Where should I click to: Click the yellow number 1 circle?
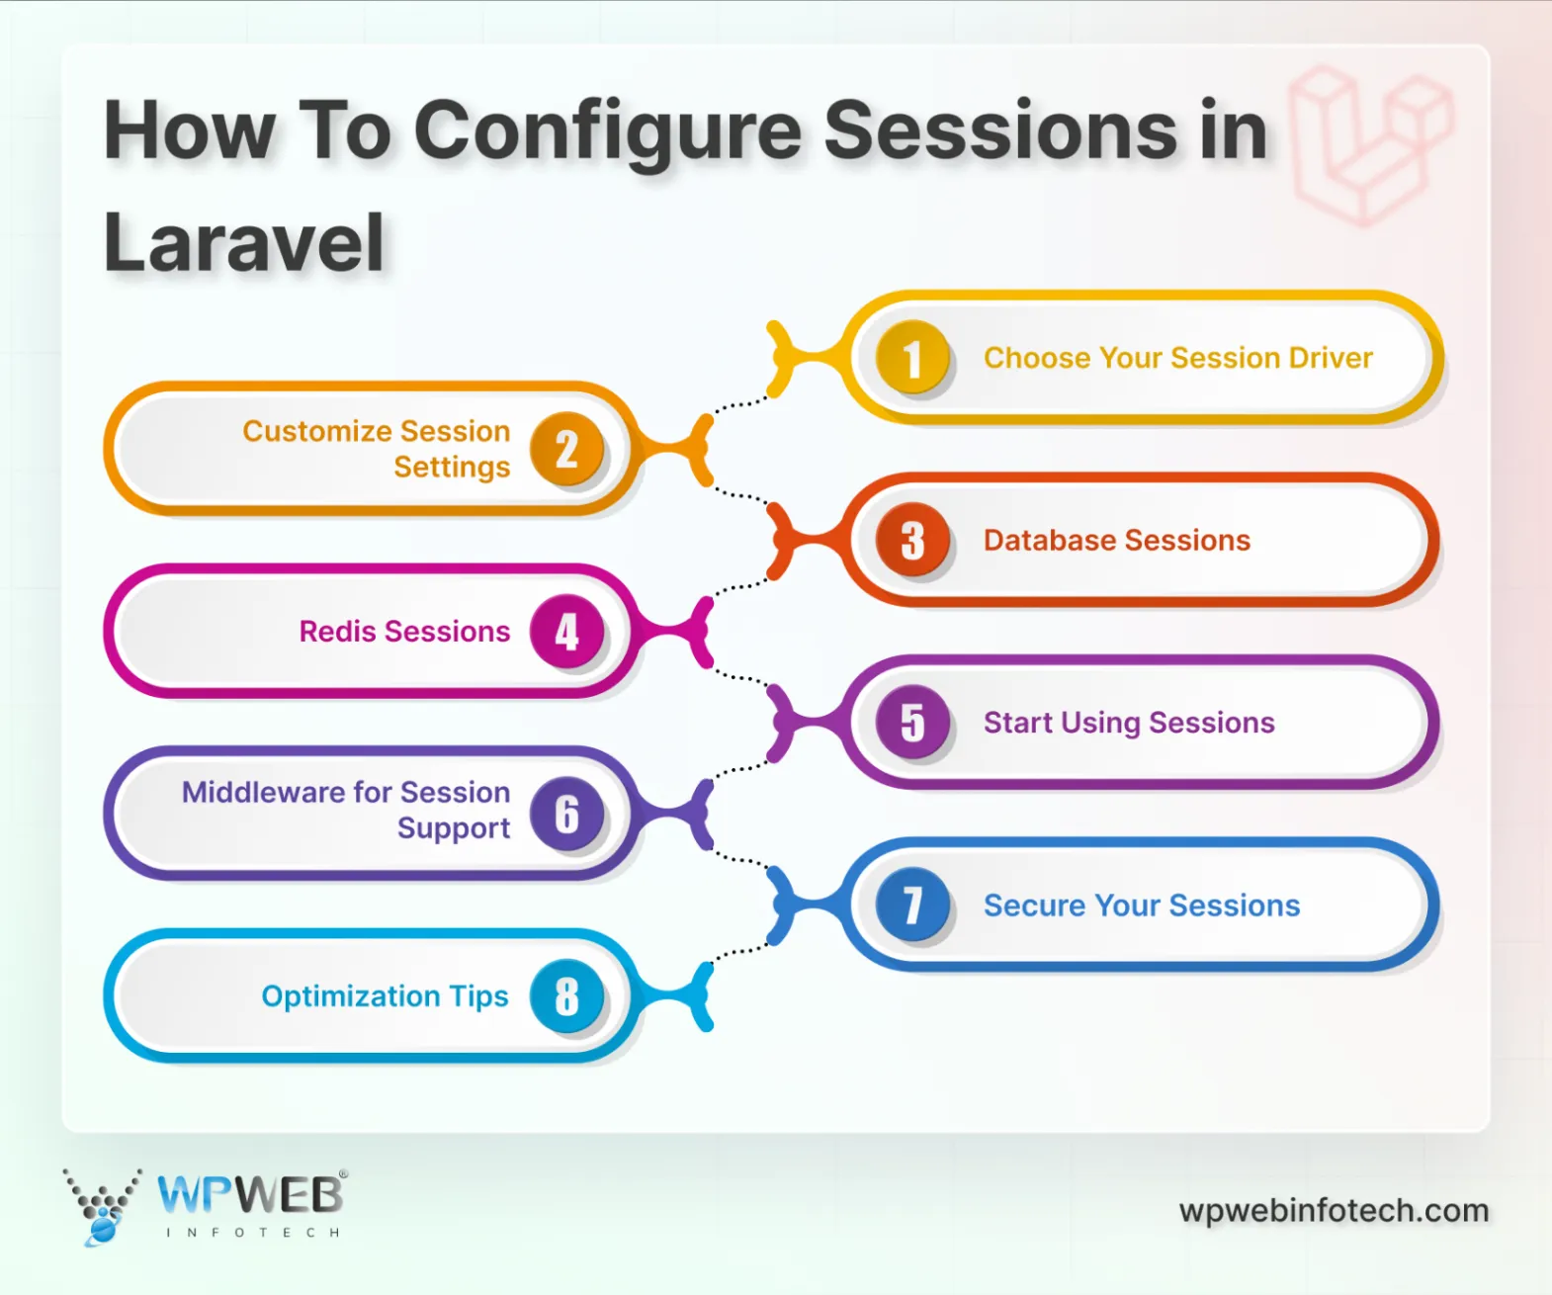[912, 358]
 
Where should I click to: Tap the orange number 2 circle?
[566, 450]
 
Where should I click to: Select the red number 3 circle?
[912, 540]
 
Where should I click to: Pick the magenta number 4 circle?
[566, 632]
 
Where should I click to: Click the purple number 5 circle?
[912, 723]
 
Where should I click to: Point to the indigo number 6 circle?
[566, 814]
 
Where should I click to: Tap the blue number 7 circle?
[912, 905]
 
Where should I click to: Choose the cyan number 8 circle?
[566, 995]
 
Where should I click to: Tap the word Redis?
[337, 632]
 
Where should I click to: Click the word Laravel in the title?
[244, 243]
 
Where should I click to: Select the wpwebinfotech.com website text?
[1334, 1211]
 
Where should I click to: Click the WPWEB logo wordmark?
[250, 1195]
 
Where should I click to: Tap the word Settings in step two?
[452, 468]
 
